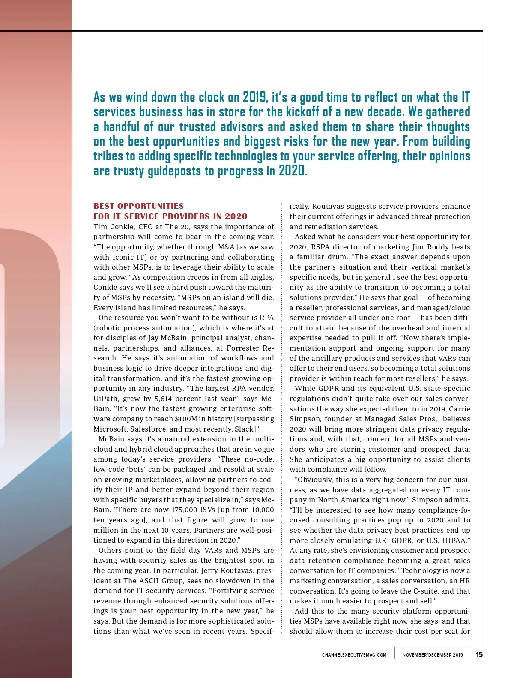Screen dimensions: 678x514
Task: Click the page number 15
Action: pyautogui.click(x=479, y=654)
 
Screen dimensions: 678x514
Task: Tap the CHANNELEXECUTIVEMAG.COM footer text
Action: pyautogui.click(x=354, y=655)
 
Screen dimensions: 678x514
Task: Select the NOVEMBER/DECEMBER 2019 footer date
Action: pyautogui.click(x=433, y=655)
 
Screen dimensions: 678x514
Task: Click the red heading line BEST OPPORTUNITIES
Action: pyautogui.click(x=139, y=206)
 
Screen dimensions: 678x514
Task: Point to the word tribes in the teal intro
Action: pyautogui.click(x=108, y=156)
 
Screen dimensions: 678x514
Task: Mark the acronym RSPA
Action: pyautogui.click(x=315, y=247)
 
